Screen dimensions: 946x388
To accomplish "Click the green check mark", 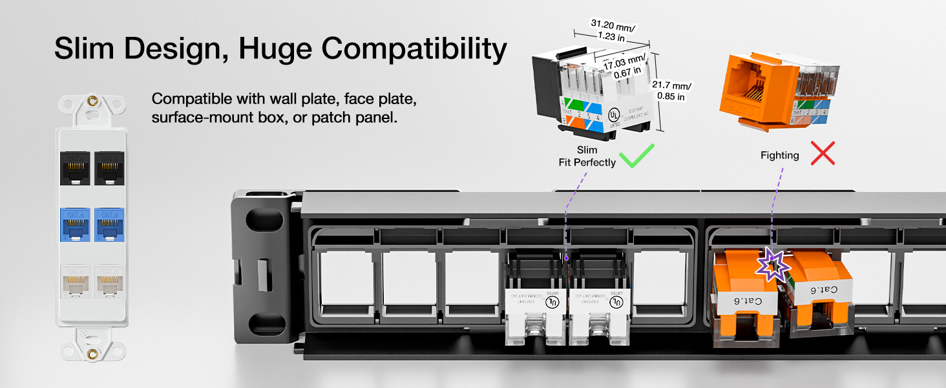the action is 636,156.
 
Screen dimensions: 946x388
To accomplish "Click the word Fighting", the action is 779,155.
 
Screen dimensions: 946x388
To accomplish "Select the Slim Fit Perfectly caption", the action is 587,156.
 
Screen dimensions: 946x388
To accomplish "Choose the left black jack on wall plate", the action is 76,167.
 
